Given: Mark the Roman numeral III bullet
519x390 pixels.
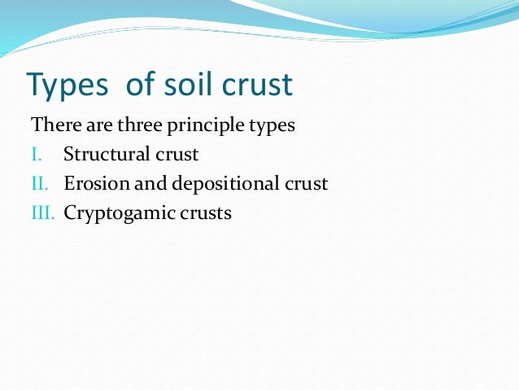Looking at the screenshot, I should click(41, 213).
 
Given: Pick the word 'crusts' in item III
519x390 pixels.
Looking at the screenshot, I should click(207, 213).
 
